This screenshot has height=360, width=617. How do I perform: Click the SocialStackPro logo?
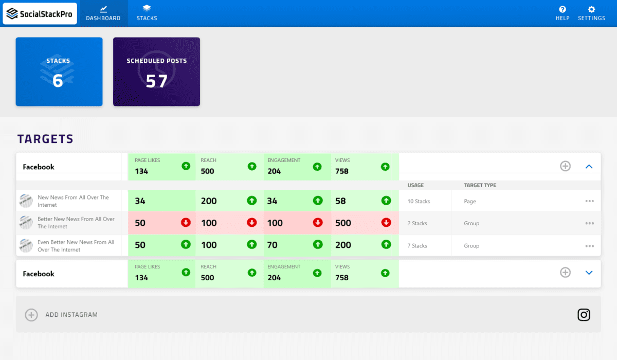(40, 14)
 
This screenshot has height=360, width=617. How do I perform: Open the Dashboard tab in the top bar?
(103, 13)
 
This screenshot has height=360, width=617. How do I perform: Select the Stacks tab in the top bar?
(147, 13)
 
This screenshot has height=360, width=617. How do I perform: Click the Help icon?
(562, 9)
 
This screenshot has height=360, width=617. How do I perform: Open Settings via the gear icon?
(591, 9)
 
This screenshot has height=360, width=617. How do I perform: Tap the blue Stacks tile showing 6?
(59, 71)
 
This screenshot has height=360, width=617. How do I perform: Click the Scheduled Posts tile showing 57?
(156, 71)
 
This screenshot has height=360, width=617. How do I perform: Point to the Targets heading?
(45, 139)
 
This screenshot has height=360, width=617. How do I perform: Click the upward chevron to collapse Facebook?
(589, 166)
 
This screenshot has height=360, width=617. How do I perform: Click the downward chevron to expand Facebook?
(589, 273)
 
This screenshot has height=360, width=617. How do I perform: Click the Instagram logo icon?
(584, 314)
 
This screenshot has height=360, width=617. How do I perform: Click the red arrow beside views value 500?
(385, 223)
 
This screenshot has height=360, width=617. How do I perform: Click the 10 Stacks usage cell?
(419, 201)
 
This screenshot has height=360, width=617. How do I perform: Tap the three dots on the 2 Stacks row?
(589, 223)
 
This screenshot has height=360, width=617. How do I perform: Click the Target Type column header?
(480, 185)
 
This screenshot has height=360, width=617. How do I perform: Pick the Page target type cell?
(470, 201)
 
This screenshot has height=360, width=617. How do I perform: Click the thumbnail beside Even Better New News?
(26, 245)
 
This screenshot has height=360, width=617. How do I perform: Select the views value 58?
(340, 201)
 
